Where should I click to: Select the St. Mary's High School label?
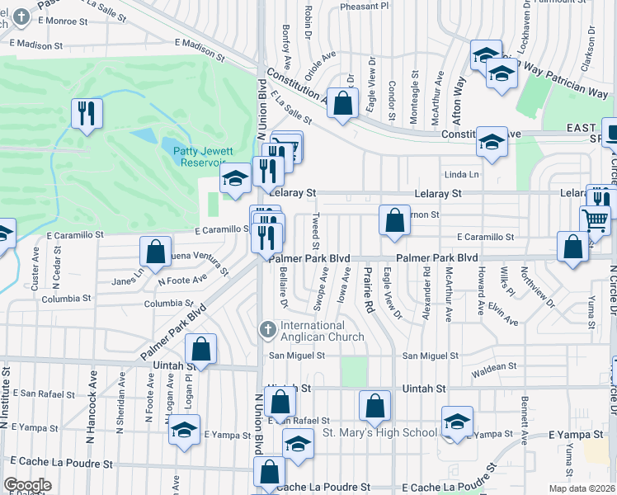point(379,432)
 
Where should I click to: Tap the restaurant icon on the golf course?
point(87,112)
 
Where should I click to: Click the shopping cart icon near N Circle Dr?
point(595,219)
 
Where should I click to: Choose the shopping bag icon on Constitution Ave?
point(343,103)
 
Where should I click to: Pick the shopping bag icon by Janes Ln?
point(155,252)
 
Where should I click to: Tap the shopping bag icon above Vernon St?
point(395,220)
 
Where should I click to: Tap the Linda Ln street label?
point(462,175)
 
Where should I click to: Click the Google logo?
point(27,485)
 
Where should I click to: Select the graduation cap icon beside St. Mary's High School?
point(457,421)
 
